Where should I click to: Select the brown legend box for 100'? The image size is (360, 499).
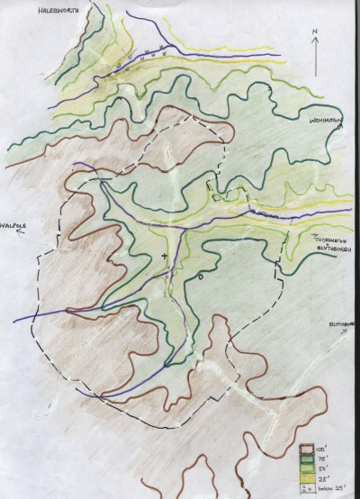point(307,448)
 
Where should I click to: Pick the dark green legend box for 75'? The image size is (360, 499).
point(307,458)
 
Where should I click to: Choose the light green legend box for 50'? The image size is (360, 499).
point(307,467)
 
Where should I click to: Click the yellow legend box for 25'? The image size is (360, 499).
point(307,477)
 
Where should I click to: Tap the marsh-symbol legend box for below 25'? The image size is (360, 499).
point(307,487)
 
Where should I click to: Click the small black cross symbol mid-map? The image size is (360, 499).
point(164,258)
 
